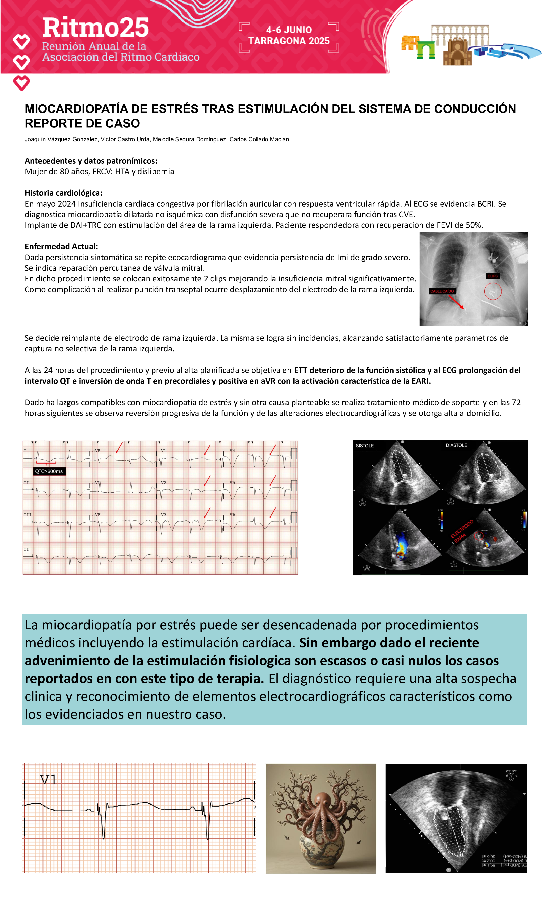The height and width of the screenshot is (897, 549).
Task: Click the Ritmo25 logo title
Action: coord(95,28)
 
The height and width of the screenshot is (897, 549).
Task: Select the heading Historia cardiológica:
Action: coord(63,193)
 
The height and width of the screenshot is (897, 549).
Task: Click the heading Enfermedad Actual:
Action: coord(61,246)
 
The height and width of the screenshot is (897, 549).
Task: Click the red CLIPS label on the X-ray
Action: coord(492,276)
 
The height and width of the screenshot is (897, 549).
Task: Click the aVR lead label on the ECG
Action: coord(96,451)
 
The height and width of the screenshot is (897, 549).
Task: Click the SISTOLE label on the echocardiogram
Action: coord(365,446)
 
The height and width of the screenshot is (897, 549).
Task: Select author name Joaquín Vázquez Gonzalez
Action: coord(61,139)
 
